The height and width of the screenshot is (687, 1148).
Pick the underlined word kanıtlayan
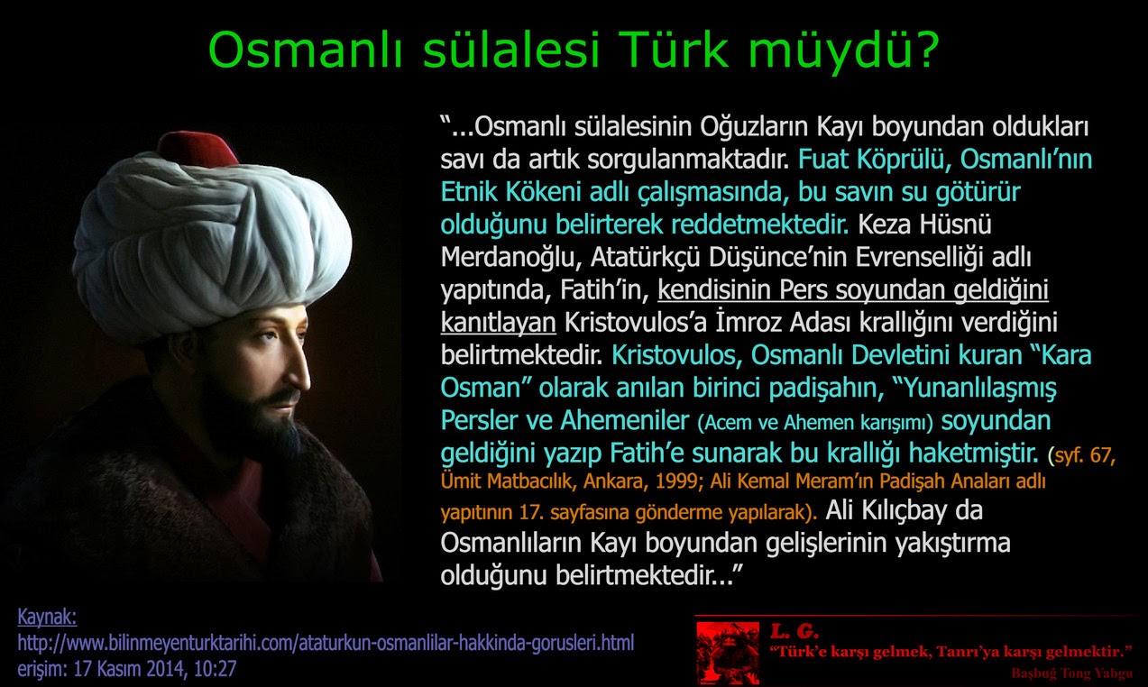pos(498,323)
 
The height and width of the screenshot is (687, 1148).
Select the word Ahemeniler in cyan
pos(624,420)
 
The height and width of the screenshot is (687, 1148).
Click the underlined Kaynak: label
pos(47,618)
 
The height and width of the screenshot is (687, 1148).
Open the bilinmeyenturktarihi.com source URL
pos(326,643)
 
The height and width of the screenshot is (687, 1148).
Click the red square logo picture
pos(728,653)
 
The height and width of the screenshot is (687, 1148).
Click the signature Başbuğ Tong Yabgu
pos(1071,673)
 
